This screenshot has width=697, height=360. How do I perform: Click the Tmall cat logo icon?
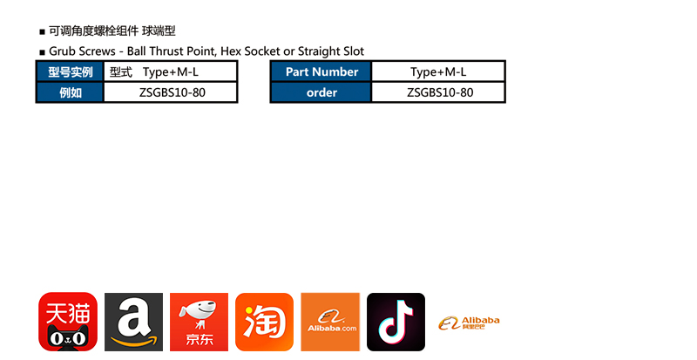(x=68, y=322)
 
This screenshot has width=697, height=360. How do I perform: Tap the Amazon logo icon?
(x=133, y=322)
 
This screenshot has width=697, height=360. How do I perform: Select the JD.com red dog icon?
(x=199, y=322)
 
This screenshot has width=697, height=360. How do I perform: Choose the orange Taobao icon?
(x=264, y=322)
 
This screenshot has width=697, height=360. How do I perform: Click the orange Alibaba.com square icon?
(x=330, y=322)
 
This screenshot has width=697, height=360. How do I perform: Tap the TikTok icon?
(x=396, y=322)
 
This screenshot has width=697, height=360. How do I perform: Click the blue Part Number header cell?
(x=321, y=71)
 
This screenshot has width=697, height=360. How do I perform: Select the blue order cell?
(x=321, y=92)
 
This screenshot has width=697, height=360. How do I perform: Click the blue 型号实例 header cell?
(x=70, y=71)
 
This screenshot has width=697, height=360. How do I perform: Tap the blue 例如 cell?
(x=70, y=92)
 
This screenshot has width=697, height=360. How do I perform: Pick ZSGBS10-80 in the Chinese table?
(x=172, y=92)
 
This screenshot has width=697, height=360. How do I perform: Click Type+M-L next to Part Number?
(x=438, y=71)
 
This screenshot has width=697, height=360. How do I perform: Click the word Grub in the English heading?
(x=64, y=51)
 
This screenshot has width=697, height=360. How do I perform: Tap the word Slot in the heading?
(x=352, y=51)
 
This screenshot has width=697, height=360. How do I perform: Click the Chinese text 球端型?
(x=159, y=31)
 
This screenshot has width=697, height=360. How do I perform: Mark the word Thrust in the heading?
(x=172, y=51)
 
